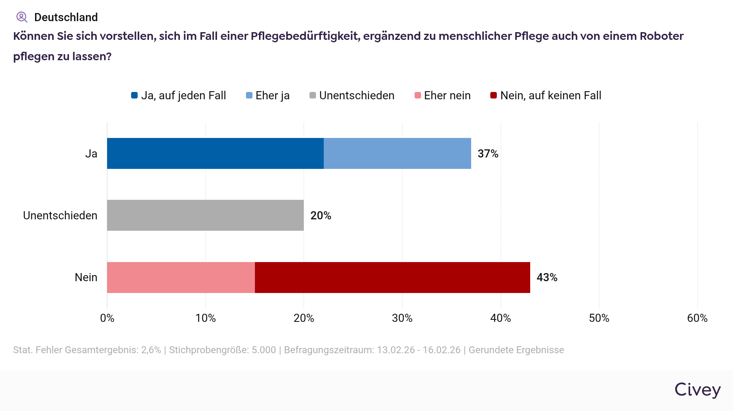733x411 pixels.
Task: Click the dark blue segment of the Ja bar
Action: [x=215, y=153]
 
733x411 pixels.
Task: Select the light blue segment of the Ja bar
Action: [x=397, y=153]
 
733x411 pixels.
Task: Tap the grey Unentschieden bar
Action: [x=205, y=215]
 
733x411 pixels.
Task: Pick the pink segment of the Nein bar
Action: [x=181, y=278]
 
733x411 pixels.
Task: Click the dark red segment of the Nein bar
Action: [x=392, y=278]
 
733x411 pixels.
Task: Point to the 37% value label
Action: [x=488, y=154]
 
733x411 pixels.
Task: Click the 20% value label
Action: [x=320, y=216]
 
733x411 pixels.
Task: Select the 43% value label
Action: [x=547, y=278]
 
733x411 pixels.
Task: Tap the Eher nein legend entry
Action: [x=443, y=96]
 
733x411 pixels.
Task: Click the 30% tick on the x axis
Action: [x=402, y=318]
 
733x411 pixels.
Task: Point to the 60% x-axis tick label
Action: [x=697, y=318]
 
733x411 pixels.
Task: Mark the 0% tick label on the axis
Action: [x=107, y=318]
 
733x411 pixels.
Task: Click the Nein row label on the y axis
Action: [x=86, y=278]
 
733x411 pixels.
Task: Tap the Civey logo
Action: [x=698, y=390]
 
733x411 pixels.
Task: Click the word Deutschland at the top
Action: [x=66, y=17]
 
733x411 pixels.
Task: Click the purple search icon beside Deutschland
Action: [x=22, y=17]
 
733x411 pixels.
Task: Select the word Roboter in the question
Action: [x=661, y=36]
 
